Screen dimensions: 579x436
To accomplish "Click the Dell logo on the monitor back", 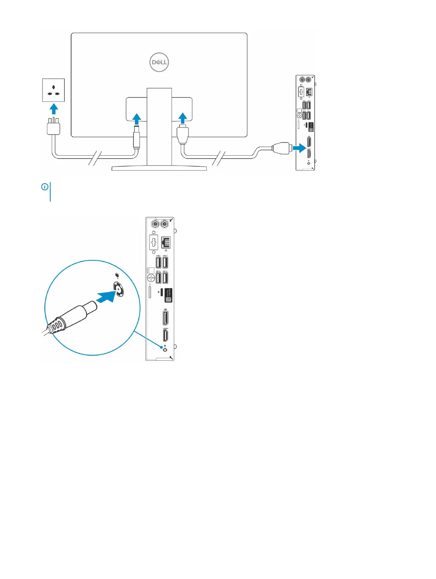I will [159, 62].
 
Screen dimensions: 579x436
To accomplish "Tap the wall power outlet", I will [54, 90].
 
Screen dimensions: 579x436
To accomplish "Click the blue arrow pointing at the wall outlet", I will [54, 109].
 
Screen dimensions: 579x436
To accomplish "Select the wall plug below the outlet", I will [54, 127].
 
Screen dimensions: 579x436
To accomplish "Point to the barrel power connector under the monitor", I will [136, 137].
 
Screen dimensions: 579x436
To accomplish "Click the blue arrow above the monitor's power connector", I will [136, 119].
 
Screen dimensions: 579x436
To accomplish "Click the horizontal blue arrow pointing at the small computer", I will [299, 148].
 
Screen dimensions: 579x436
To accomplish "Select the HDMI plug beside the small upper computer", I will [281, 148].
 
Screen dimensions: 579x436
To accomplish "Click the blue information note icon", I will [45, 187].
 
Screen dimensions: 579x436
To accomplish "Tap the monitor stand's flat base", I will [159, 168].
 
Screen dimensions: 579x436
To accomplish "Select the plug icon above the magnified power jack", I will [117, 275].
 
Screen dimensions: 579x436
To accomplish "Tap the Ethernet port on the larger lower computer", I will [166, 242].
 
